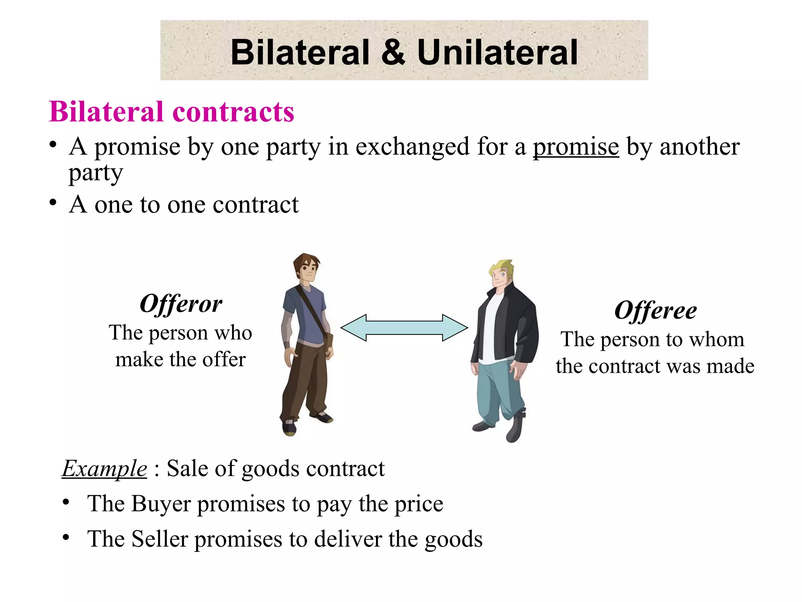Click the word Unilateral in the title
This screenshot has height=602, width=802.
497,53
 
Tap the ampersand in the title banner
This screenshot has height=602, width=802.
393,53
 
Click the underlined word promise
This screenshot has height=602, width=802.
576,147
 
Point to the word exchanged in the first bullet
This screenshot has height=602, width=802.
412,147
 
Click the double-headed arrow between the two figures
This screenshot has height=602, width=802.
404,328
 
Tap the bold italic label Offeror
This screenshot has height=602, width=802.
181,304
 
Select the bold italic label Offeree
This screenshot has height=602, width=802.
656,311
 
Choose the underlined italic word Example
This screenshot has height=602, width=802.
105,469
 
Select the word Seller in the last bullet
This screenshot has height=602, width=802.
160,539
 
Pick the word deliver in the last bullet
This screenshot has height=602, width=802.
348,539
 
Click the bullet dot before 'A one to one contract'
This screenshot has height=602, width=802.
53,203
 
